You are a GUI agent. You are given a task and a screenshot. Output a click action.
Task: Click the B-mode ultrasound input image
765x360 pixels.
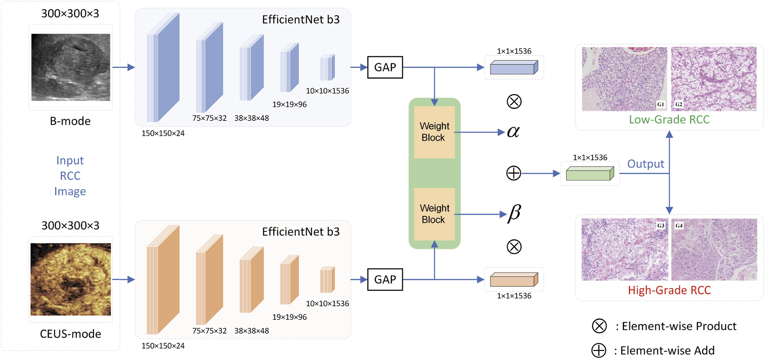[71, 67]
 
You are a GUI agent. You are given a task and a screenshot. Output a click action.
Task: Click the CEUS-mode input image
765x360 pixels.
[71, 279]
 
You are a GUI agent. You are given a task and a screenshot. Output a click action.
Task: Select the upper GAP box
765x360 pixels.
[385, 67]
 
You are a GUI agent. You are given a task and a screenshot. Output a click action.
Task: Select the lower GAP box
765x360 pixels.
[385, 280]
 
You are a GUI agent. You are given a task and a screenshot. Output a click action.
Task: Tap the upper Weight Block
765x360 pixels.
[434, 132]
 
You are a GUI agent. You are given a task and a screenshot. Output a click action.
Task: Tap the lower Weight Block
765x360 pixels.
[434, 214]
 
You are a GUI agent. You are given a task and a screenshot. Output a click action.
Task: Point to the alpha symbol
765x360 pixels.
[513, 131]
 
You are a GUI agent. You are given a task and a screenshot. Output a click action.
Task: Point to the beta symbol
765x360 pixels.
[514, 213]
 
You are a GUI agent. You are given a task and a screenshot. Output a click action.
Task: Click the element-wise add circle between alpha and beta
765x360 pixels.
[513, 173]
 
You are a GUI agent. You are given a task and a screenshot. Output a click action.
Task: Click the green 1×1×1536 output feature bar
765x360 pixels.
[590, 174]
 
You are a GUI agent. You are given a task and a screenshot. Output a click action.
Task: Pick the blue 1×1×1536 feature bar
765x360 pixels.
[514, 68]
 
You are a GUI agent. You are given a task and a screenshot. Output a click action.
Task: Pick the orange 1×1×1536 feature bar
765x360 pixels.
[514, 280]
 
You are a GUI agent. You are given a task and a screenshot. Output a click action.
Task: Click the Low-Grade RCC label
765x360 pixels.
[669, 120]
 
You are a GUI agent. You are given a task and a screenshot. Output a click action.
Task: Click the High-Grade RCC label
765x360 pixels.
[669, 290]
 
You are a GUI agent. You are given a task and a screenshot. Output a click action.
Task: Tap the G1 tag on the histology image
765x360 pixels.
[660, 104]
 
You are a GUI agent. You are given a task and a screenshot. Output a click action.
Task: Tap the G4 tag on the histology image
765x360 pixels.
[679, 225]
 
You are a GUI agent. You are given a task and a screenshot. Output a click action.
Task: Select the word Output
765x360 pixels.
[645, 164]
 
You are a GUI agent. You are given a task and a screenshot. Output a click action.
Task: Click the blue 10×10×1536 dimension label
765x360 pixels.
[327, 91]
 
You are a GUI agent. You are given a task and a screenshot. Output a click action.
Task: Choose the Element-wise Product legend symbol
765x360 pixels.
[599, 326]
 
